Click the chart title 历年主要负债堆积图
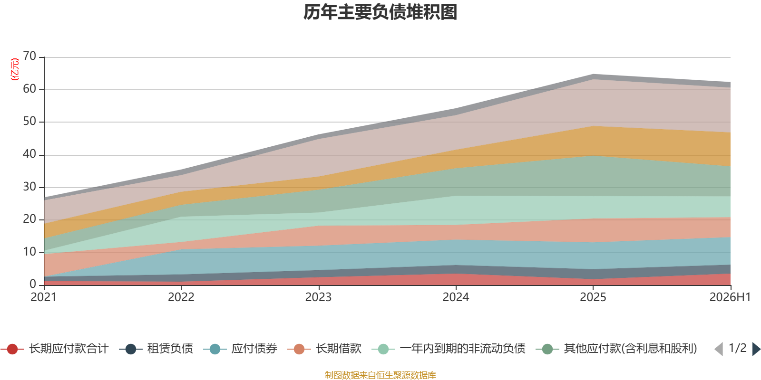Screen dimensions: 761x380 [380, 12]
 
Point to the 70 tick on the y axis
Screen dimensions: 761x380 [29, 56]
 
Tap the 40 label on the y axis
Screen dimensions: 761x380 [29, 154]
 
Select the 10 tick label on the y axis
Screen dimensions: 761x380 [29, 252]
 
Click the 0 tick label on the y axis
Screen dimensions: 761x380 [33, 284]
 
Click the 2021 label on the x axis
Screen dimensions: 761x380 [43, 297]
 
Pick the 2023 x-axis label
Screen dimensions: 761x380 [318, 297]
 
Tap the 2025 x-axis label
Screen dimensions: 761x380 [593, 297]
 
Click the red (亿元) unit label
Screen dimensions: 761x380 [15, 69]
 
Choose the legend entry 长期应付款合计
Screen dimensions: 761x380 [55, 349]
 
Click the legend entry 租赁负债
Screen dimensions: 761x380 [156, 349]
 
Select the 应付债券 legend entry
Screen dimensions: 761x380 [241, 349]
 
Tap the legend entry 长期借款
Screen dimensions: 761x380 [324, 349]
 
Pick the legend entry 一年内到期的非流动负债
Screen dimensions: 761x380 [449, 349]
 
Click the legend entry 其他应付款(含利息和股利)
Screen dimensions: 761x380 [616, 349]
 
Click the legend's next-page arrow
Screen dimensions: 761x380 [756, 349]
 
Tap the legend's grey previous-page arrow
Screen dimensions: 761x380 [719, 349]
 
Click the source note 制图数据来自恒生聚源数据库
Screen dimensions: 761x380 [380, 375]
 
